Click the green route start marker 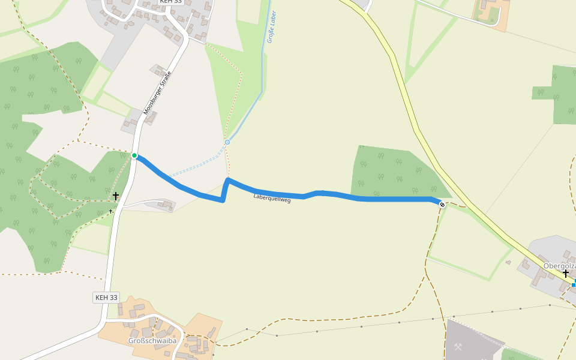(x=134, y=156)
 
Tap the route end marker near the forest (x=442, y=205)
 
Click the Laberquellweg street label (x=272, y=198)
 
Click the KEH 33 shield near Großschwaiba (x=107, y=297)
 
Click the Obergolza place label (x=559, y=265)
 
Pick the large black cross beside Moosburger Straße (x=116, y=196)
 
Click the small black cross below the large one (x=111, y=211)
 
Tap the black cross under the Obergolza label (x=565, y=273)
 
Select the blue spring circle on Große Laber (x=227, y=142)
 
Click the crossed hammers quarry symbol (x=459, y=346)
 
